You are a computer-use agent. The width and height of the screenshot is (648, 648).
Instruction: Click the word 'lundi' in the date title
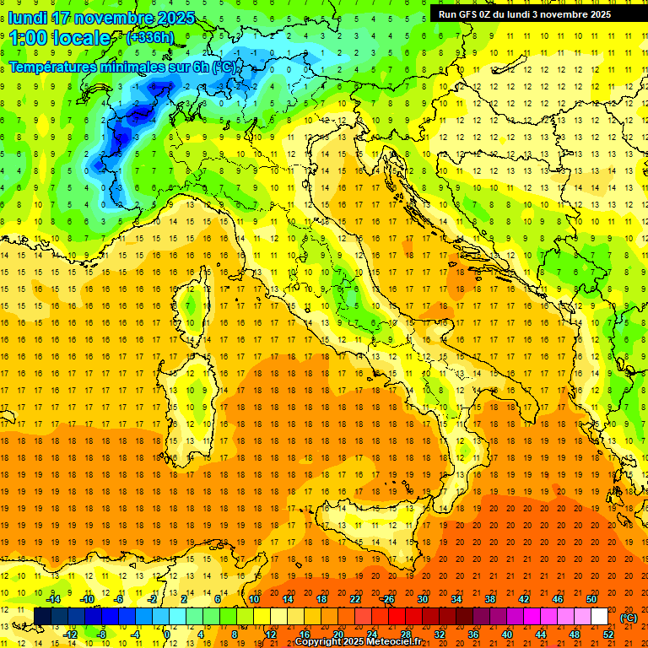click(27, 18)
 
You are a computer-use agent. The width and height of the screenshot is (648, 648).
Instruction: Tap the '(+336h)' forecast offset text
click(151, 37)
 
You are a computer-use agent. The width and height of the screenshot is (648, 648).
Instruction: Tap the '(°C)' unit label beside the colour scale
click(629, 617)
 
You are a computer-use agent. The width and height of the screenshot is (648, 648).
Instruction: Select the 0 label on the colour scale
click(167, 634)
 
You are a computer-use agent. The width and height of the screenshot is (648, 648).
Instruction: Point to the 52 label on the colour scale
click(608, 634)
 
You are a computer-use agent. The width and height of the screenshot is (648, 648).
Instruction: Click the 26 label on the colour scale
click(389, 598)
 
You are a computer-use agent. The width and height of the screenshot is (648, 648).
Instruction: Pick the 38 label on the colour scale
click(490, 598)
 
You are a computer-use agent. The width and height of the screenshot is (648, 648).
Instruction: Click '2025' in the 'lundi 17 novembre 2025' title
click(175, 18)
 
